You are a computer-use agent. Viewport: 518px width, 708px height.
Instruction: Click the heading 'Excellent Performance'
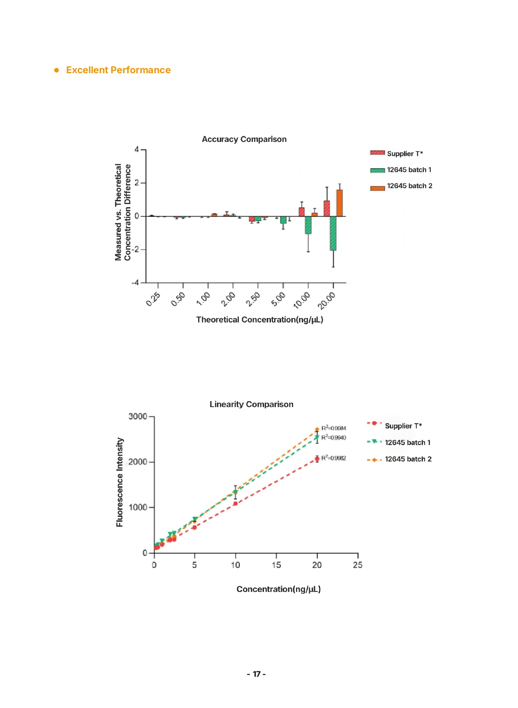point(118,70)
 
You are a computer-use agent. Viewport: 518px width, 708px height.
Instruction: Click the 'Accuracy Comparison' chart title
point(244,139)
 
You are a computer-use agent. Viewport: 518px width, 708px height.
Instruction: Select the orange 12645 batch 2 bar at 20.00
point(339,203)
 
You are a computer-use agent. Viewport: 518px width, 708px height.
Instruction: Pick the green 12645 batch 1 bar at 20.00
point(333,233)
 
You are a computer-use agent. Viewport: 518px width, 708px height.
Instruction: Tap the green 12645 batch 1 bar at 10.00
point(308,225)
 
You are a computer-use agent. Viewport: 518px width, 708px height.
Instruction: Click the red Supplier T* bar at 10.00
point(302,212)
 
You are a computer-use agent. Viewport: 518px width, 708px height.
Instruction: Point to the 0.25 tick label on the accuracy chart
point(153,299)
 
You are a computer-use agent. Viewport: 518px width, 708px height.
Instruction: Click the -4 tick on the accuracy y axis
point(135,283)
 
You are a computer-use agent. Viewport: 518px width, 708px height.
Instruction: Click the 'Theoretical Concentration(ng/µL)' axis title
point(259,320)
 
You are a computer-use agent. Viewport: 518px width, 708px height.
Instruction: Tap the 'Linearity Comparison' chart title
point(251,404)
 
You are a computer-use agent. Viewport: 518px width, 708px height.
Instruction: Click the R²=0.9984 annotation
point(333,428)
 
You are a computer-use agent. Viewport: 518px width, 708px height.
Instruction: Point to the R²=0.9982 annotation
point(333,458)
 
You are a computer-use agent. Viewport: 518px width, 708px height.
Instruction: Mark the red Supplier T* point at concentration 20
point(317,459)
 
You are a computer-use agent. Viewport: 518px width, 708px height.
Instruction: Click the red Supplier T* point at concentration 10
point(235,504)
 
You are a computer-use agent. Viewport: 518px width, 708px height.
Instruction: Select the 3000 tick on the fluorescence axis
point(138,416)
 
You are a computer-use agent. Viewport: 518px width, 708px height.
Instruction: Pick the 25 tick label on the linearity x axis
point(358,565)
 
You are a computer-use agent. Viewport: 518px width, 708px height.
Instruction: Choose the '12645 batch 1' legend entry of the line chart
point(407,443)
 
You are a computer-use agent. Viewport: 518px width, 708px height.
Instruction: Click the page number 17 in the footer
point(256,674)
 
